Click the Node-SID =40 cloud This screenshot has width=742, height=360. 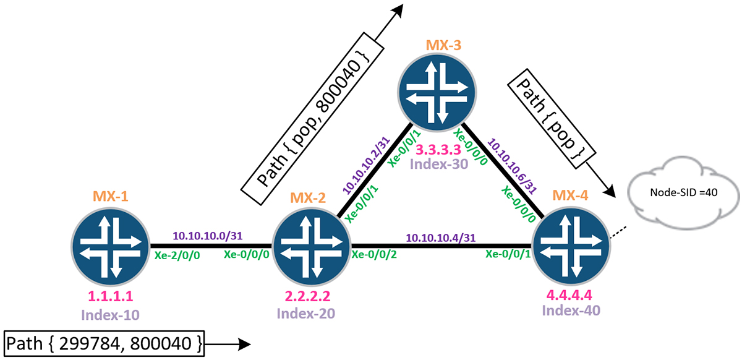point(684,193)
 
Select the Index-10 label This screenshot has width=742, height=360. point(110,315)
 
